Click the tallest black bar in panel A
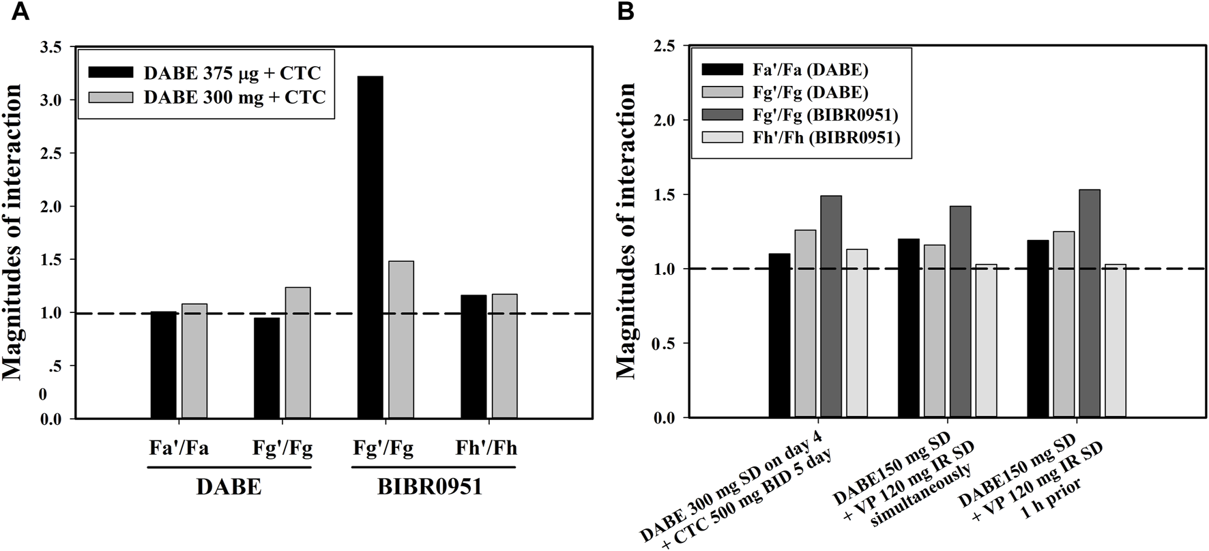(x=370, y=247)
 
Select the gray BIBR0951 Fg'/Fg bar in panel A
(x=401, y=339)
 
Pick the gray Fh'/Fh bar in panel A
(x=504, y=355)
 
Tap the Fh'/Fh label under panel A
(x=486, y=448)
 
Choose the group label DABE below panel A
(x=229, y=488)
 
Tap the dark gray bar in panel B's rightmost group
(x=1090, y=303)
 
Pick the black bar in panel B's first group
(x=779, y=335)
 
